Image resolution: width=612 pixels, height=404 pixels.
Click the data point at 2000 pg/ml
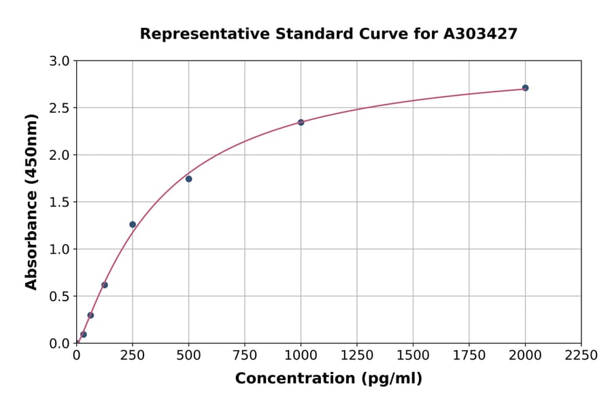click(525, 88)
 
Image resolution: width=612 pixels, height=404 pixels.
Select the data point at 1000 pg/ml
click(301, 122)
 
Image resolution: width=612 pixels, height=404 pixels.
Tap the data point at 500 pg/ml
click(188, 179)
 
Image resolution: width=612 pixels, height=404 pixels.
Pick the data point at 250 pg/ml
click(133, 224)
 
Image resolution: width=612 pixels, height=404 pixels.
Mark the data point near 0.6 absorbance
click(105, 285)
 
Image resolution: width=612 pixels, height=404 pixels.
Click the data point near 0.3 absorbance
click(90, 315)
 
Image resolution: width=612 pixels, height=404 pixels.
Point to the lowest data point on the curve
click(84, 335)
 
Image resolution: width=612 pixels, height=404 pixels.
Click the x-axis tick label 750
click(245, 355)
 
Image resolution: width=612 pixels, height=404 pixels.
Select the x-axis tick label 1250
click(357, 355)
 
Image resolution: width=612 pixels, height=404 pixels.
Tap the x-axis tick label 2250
click(581, 355)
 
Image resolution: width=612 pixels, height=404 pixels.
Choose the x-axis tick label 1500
click(413, 355)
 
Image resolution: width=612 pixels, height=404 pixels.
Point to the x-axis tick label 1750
click(469, 355)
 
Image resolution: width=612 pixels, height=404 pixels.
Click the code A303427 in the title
click(480, 33)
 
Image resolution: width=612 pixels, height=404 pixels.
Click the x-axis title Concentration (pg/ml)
click(328, 379)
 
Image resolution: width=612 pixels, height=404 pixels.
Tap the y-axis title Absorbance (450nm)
click(31, 202)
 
